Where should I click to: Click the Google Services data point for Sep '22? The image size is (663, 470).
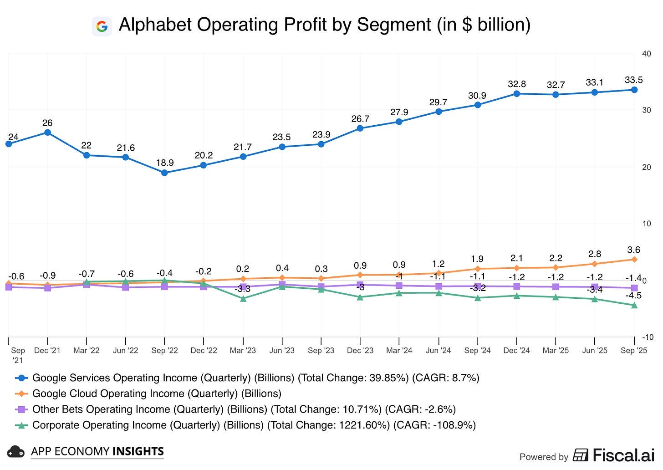point(164,173)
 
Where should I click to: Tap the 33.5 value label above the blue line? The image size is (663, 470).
point(633,80)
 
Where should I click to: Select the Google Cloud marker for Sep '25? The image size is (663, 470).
point(634,260)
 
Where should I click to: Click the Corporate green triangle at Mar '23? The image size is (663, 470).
point(243,299)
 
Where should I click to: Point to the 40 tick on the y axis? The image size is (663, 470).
point(646,54)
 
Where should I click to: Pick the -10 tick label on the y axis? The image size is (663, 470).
point(647,337)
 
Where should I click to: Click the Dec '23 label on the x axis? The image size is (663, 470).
point(360,351)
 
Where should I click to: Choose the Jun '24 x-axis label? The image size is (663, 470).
point(438,351)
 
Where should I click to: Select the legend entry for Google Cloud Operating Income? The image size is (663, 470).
point(157,393)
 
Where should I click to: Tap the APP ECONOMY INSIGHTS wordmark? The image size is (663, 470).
point(97,451)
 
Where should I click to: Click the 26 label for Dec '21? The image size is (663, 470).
point(47,123)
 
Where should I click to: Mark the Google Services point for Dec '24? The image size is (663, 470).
point(517,94)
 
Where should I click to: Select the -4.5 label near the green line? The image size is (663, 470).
point(633,296)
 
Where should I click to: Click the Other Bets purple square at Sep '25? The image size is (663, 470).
point(634,288)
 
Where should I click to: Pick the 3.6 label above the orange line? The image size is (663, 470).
point(633,250)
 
